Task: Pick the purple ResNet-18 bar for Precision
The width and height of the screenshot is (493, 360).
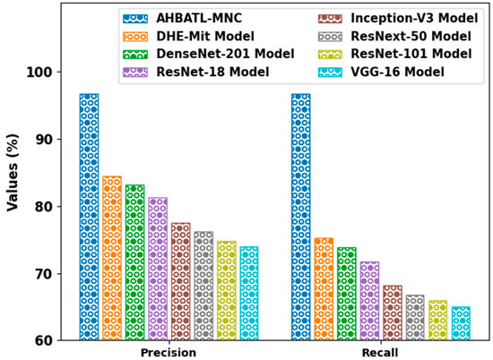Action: tap(158, 269)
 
